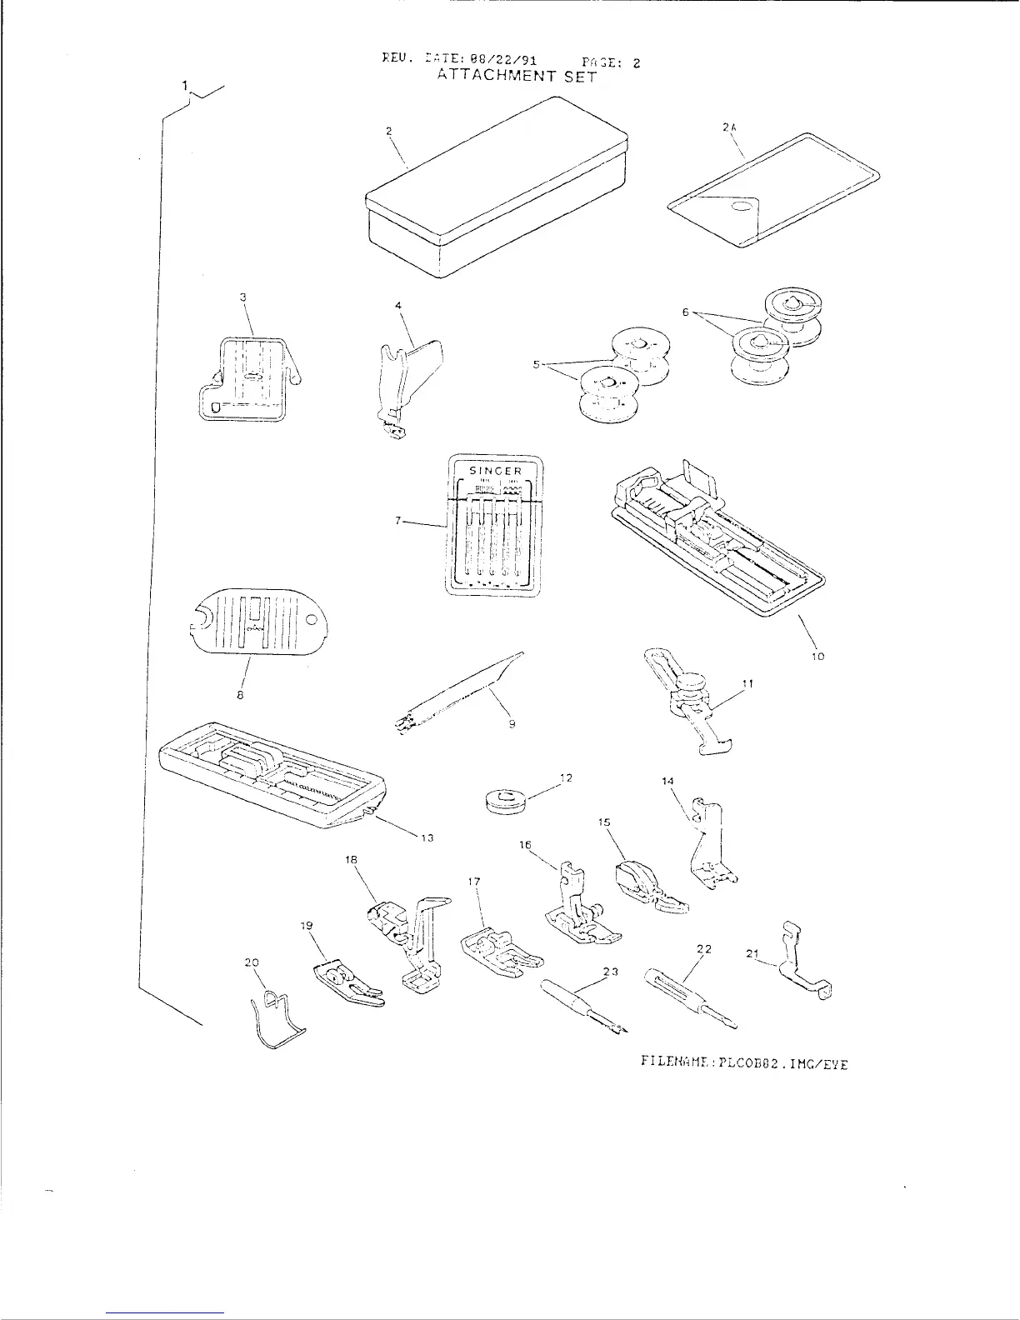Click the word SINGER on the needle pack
[x=495, y=471]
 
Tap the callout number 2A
[x=729, y=127]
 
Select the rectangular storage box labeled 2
[x=498, y=191]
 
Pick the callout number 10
[x=817, y=657]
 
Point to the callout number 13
[x=427, y=837]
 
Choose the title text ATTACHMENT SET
[x=517, y=77]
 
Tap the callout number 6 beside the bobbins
[x=685, y=312]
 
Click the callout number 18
[x=352, y=857]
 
